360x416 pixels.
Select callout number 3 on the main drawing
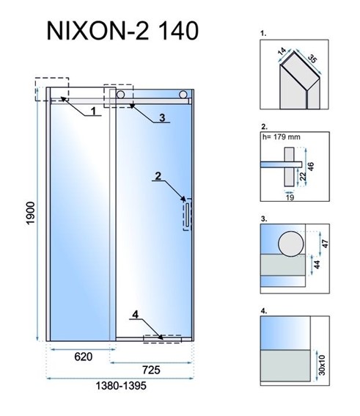(162, 117)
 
